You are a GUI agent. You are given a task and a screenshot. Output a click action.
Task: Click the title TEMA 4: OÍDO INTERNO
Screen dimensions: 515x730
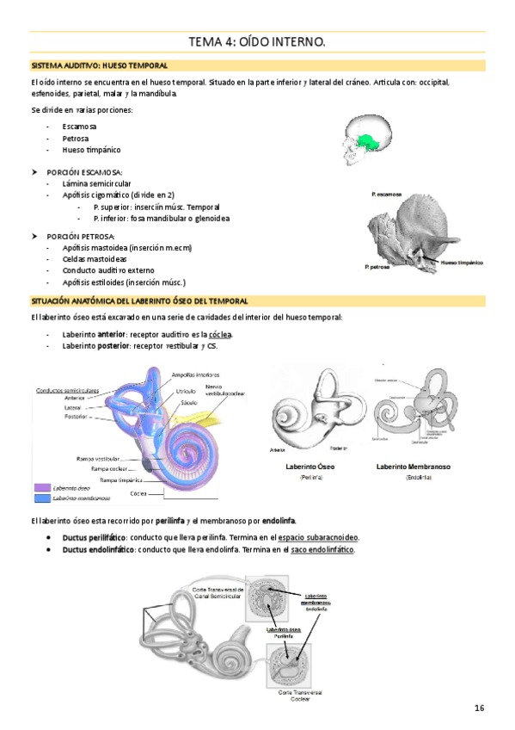click(x=257, y=42)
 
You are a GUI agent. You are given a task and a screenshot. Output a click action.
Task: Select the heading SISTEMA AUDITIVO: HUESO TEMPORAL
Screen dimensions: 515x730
click(x=99, y=65)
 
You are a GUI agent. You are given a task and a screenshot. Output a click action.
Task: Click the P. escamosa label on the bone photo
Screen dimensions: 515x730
click(x=387, y=195)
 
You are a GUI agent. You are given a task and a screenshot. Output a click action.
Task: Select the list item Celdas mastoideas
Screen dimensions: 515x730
click(x=95, y=258)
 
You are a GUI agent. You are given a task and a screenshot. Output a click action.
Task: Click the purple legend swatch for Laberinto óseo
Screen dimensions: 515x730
click(x=41, y=488)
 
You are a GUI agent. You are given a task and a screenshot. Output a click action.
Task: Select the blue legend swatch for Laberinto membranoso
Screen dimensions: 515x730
click(x=41, y=498)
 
